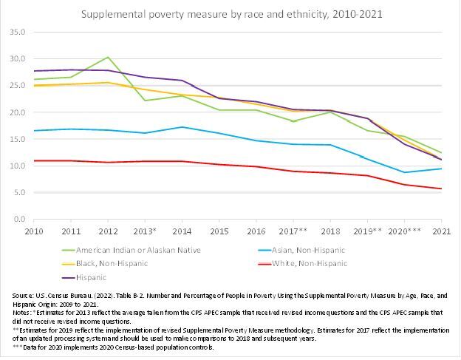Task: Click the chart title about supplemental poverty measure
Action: (230, 14)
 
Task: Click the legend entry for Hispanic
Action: (89, 277)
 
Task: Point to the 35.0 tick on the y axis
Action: (17, 33)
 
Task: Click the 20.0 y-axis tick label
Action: (17, 112)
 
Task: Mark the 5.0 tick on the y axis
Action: (18, 193)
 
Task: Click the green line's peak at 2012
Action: (109, 57)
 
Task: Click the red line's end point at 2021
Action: (441, 189)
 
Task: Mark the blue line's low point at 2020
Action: (404, 172)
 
